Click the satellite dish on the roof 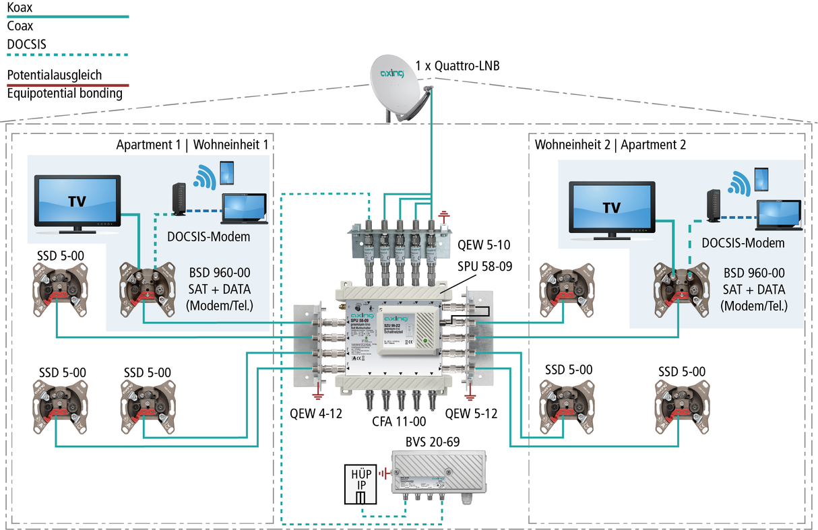[400, 88]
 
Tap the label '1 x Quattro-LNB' [458, 66]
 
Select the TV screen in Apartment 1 [77, 200]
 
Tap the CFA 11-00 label [400, 422]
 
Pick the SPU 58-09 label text [485, 266]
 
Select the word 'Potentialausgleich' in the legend [55, 75]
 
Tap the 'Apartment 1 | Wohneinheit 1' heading [195, 144]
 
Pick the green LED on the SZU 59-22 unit [424, 341]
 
